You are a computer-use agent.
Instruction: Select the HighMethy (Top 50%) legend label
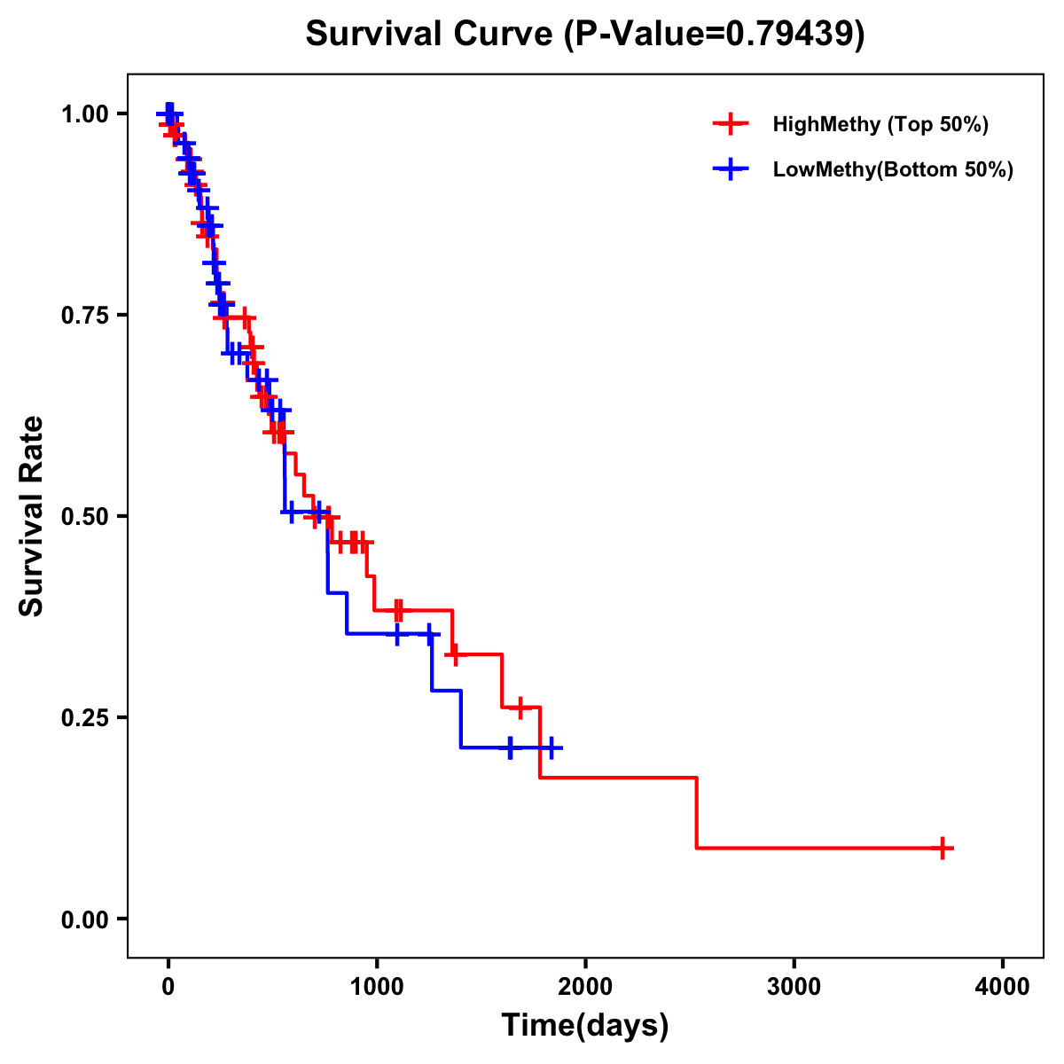[x=880, y=124]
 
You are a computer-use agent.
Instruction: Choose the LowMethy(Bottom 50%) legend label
[x=893, y=169]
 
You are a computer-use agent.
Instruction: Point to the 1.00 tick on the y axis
[x=84, y=113]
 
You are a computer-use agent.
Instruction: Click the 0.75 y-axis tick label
[x=84, y=315]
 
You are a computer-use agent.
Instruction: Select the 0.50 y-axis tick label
[x=84, y=516]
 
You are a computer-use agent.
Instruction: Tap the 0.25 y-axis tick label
[x=84, y=717]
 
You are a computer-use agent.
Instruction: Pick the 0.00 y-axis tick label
[x=84, y=919]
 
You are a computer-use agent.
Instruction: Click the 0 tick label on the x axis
[x=168, y=987]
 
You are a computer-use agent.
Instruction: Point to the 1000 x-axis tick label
[x=376, y=987]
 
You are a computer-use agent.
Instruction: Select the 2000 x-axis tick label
[x=585, y=987]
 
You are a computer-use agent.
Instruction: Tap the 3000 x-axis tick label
[x=794, y=987]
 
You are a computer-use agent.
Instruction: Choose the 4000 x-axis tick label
[x=1003, y=987]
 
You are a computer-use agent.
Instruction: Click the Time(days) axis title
[x=585, y=1026]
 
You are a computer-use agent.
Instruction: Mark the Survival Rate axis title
[x=32, y=516]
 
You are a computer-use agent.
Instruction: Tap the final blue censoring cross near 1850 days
[x=551, y=748]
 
